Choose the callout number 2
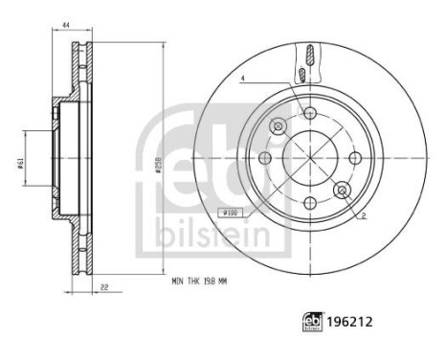click(365, 216)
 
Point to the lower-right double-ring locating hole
click(341, 191)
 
